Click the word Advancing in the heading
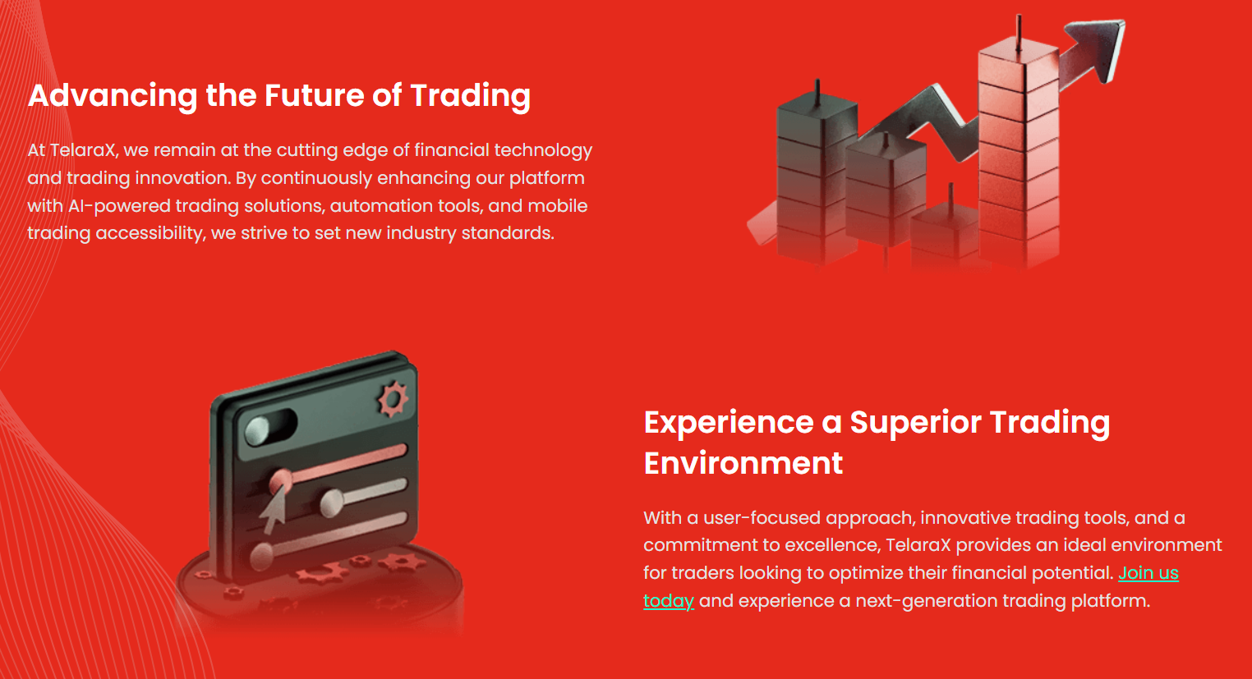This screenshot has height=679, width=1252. click(x=113, y=96)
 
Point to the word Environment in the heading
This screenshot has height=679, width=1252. click(x=743, y=463)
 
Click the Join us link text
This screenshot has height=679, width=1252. click(x=1148, y=573)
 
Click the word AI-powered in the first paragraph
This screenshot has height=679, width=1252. click(x=119, y=206)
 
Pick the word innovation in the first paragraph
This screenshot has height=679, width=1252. click(x=182, y=178)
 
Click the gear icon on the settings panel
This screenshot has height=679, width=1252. click(x=393, y=399)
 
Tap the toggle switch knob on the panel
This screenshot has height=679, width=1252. click(x=258, y=431)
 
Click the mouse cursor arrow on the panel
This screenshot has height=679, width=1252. click(x=274, y=509)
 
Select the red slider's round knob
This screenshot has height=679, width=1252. click(x=280, y=481)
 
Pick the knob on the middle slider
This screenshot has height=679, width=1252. click(x=332, y=502)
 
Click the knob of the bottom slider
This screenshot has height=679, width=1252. click(x=261, y=556)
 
